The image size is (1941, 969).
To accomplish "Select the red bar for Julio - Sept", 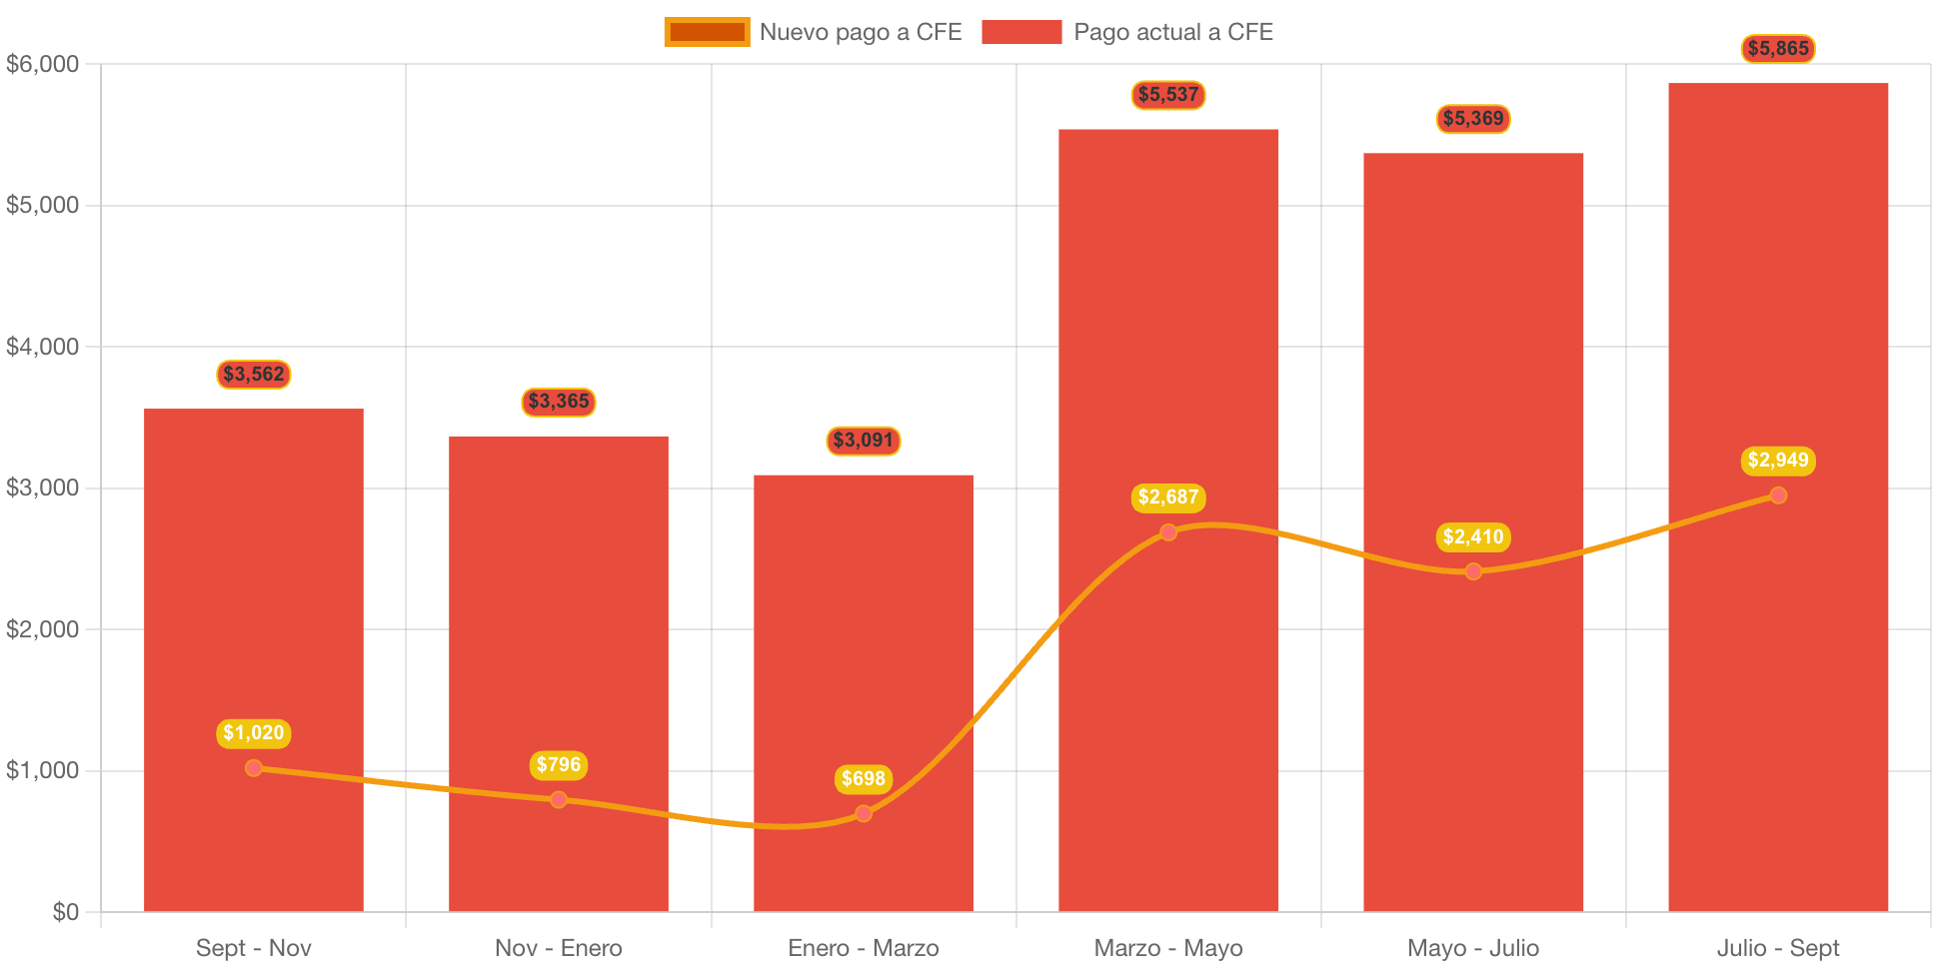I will (1778, 300).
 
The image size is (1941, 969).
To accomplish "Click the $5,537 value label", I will (1168, 95).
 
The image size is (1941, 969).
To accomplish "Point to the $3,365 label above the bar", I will (559, 402).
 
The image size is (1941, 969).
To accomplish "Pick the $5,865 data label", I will (1778, 49).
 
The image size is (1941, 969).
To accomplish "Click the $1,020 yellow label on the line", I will (254, 733).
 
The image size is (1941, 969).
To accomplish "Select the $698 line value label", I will (864, 779).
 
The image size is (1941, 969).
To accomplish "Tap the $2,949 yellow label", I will (1778, 461).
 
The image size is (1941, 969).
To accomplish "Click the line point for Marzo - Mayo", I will (1168, 532).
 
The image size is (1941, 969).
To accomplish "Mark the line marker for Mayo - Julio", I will (1473, 571).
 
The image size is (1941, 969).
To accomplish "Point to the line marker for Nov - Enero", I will (559, 799).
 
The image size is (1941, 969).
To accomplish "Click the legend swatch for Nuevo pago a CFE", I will (707, 32).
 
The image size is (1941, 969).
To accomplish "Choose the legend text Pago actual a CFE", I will (1173, 32).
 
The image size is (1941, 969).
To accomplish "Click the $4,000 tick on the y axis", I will (43, 347).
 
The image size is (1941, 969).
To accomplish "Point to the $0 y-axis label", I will (66, 912).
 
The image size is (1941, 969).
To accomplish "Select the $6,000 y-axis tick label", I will (43, 64).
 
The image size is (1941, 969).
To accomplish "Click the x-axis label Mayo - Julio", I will (1473, 948).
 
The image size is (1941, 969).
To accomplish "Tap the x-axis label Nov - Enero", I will (559, 948).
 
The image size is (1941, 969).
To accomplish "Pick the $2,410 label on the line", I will (1473, 537).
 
